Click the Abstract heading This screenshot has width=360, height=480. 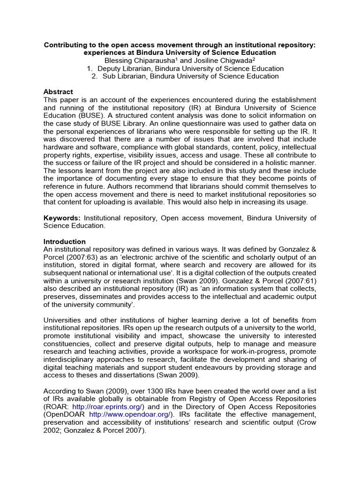(58, 92)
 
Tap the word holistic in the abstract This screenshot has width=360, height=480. (283, 163)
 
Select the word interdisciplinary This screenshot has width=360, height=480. (70, 360)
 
